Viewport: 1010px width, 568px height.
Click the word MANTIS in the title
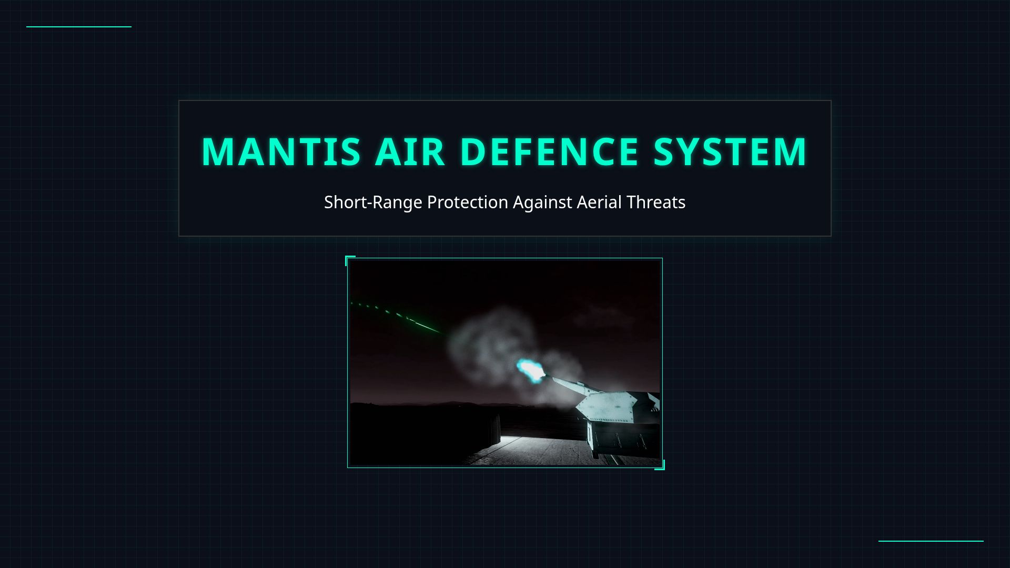[281, 152]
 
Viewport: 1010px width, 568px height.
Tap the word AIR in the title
[410, 152]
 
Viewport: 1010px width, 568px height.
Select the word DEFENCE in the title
[549, 152]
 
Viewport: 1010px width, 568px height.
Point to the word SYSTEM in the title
[730, 152]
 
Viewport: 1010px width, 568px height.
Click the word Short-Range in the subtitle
[372, 202]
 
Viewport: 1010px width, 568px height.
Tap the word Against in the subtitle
[542, 202]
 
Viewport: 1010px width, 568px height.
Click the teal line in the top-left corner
[79, 26]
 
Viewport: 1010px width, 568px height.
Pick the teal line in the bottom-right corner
[931, 541]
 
